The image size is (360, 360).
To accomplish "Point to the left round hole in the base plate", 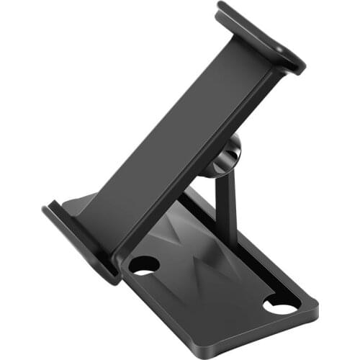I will pos(145,265).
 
